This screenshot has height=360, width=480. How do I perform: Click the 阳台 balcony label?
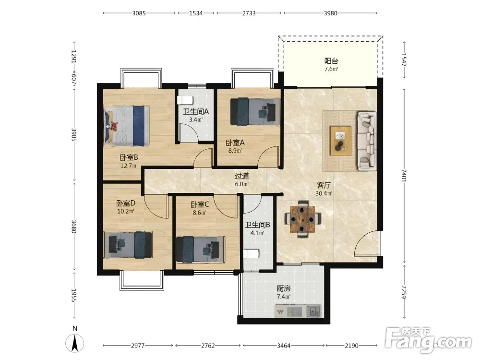(x=331, y=61)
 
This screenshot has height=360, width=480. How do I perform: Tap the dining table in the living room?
(x=303, y=219)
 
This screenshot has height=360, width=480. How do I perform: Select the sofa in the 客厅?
(x=367, y=141)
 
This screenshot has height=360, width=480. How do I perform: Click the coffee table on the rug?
(x=341, y=141)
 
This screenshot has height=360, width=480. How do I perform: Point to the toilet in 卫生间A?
(x=185, y=100)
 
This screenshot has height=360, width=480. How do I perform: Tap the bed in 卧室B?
(x=126, y=126)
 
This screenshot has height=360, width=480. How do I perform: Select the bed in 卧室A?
(x=255, y=111)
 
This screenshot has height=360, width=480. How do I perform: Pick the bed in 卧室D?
(x=128, y=244)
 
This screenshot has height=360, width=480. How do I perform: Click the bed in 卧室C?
(x=201, y=249)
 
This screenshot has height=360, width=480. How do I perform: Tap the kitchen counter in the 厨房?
(x=298, y=311)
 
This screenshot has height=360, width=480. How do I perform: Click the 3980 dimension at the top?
(x=331, y=13)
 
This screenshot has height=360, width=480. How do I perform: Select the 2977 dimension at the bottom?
(x=138, y=346)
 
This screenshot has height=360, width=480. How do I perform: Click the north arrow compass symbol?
(x=75, y=343)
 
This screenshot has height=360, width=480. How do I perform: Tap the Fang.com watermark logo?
(x=428, y=340)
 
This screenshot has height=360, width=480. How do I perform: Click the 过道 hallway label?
(x=242, y=176)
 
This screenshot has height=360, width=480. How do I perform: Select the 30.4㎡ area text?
(x=324, y=193)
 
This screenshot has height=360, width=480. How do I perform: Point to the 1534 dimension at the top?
(x=196, y=13)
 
